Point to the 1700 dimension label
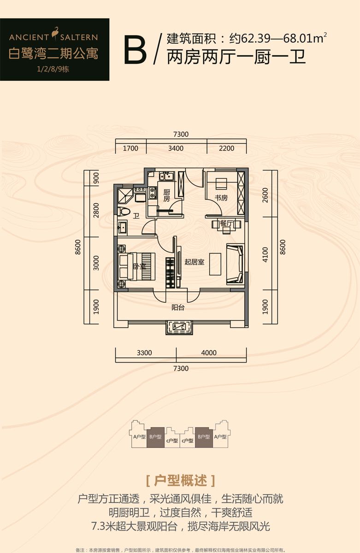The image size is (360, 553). pyautogui.click(x=130, y=148)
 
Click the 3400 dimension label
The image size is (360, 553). pyautogui.click(x=176, y=148)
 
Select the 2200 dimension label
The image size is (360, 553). pyautogui.click(x=227, y=148)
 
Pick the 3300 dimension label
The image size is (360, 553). pyautogui.click(x=144, y=353)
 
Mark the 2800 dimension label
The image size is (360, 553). pyautogui.click(x=96, y=211)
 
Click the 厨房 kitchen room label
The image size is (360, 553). pyautogui.click(x=166, y=195)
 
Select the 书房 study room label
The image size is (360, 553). pyautogui.click(x=221, y=198)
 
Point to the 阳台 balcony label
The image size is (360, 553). pyautogui.click(x=178, y=307)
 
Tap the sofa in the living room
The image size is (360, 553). pyautogui.click(x=234, y=265)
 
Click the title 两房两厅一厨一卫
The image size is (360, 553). pyautogui.click(x=236, y=57)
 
